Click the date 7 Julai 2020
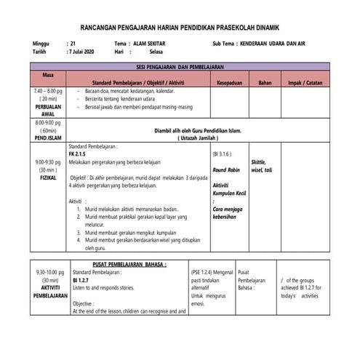pos(84,52)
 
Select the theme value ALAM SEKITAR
pos(144,44)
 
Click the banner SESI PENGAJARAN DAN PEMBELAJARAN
pos(180,66)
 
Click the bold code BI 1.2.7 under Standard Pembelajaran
pos(80,279)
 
